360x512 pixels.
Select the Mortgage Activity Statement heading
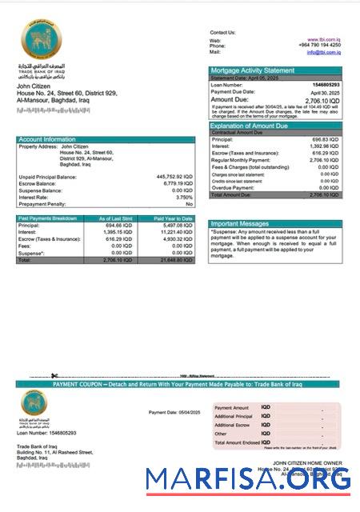click(x=251, y=70)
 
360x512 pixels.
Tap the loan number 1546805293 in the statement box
click(x=324, y=84)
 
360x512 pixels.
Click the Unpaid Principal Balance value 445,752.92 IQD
click(x=174, y=176)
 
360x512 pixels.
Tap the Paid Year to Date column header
click(x=174, y=218)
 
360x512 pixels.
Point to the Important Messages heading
click(x=239, y=224)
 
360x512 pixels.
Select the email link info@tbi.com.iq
click(x=323, y=52)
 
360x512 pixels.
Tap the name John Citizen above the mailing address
click(x=34, y=86)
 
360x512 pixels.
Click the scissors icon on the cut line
click(x=54, y=376)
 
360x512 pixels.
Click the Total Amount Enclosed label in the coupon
click(x=238, y=442)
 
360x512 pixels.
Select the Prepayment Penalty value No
click(x=190, y=204)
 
